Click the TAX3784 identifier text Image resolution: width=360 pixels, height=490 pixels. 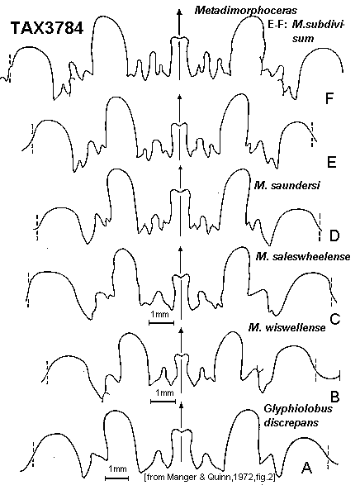pyautogui.click(x=47, y=28)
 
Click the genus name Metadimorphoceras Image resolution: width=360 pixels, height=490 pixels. pyautogui.click(x=246, y=10)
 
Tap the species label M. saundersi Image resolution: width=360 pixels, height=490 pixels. pyautogui.click(x=287, y=186)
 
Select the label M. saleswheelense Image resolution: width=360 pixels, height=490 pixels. pyautogui.click(x=302, y=256)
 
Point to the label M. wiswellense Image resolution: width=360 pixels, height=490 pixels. pyautogui.click(x=287, y=328)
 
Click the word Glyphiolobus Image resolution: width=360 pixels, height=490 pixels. pyautogui.click(x=298, y=409)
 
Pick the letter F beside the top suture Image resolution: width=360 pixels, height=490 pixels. pyautogui.click(x=329, y=99)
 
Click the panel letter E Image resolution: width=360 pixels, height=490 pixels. pyautogui.click(x=331, y=163)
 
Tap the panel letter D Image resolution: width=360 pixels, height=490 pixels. pyautogui.click(x=334, y=236)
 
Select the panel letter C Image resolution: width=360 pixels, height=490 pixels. pyautogui.click(x=334, y=319)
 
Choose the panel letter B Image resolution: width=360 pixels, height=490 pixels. pyautogui.click(x=334, y=397)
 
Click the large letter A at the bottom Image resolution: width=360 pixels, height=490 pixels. pyautogui.click(x=307, y=468)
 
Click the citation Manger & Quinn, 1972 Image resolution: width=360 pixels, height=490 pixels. pyautogui.click(x=211, y=477)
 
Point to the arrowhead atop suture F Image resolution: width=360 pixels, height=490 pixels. pyautogui.click(x=179, y=12)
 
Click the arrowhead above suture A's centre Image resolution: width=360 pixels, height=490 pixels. pyautogui.click(x=182, y=406)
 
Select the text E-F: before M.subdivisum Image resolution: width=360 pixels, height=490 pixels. pyautogui.click(x=277, y=25)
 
